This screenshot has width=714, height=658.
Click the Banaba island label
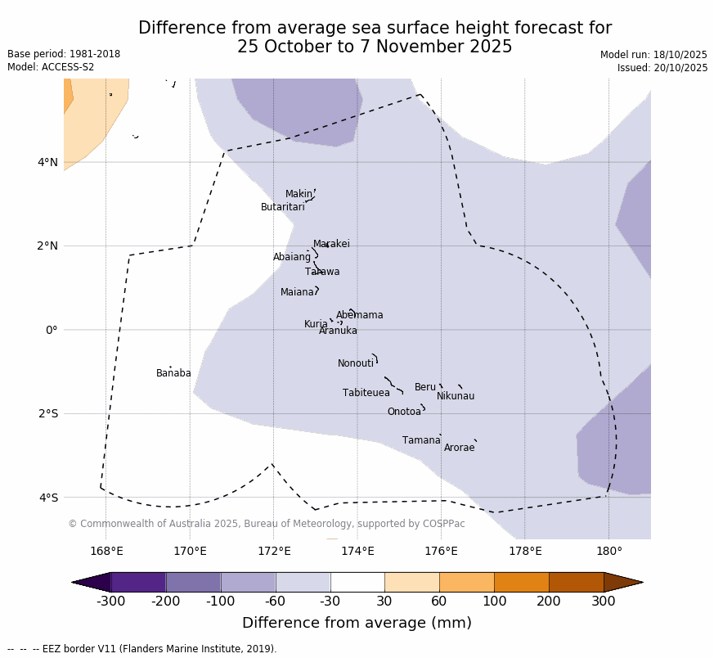point(173,374)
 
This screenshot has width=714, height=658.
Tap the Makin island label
point(299,195)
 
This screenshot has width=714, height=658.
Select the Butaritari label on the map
point(283,208)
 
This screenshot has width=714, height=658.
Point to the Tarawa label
point(322,273)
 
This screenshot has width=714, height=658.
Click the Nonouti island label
point(356,364)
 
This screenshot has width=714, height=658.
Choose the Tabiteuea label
point(366,394)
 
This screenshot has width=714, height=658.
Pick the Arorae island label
point(459,448)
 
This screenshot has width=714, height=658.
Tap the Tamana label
point(421,441)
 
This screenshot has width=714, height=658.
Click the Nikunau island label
point(456,397)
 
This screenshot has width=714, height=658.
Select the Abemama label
point(359,316)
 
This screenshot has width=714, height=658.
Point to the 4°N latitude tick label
point(47,163)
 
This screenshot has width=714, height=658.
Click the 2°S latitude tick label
point(47,414)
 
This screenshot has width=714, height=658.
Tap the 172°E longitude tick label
point(274,551)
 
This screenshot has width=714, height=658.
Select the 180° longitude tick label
point(608,551)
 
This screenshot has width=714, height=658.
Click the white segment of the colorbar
point(357,582)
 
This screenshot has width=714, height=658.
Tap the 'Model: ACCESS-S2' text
point(51,67)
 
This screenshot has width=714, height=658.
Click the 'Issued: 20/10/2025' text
point(662,68)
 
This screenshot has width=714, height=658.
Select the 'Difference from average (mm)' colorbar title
point(357,624)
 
